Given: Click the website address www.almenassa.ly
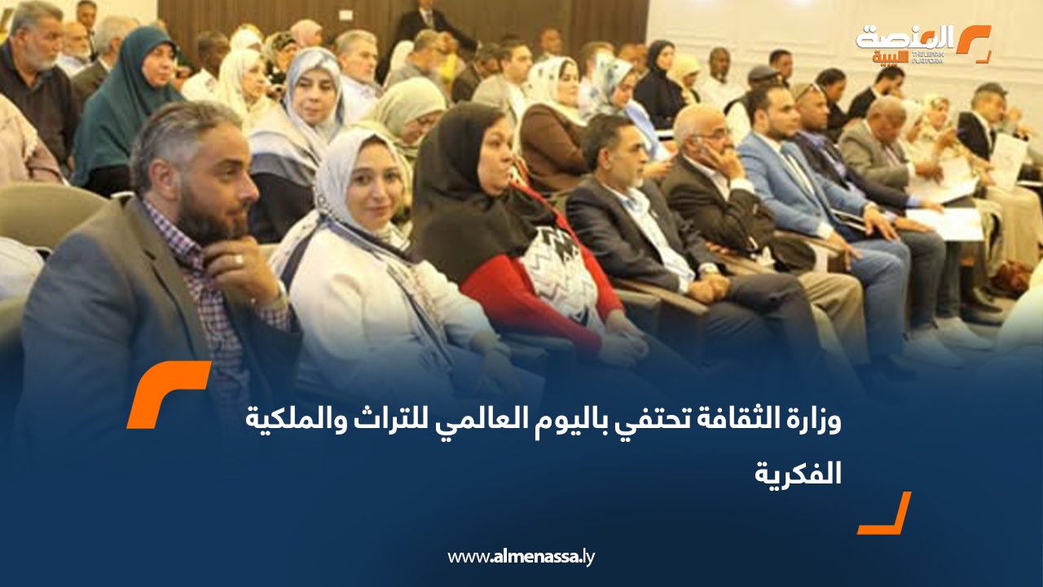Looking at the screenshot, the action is pyautogui.click(x=521, y=556).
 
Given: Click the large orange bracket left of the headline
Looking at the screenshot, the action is pyautogui.click(x=169, y=394).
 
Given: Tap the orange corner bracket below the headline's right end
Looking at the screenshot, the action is pyautogui.click(x=885, y=513).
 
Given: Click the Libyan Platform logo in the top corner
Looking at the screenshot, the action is pyautogui.click(x=923, y=44).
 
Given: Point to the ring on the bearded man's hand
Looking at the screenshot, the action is pyautogui.click(x=239, y=259).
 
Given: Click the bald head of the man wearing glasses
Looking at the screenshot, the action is pyautogui.click(x=693, y=122).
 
